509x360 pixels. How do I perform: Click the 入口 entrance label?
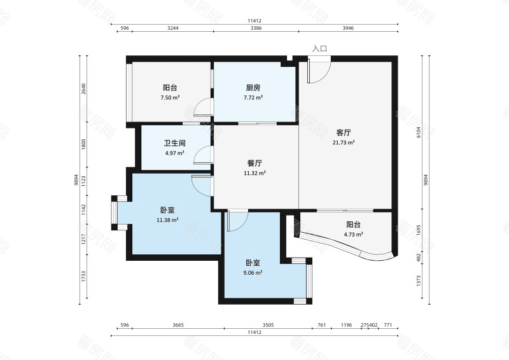tap(320, 48)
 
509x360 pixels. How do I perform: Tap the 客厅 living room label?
tap(344, 133)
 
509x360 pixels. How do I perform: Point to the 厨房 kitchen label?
tap(253, 88)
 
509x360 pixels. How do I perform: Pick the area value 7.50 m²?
tap(170, 98)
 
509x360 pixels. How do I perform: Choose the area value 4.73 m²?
tap(353, 234)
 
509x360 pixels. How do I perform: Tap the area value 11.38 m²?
tap(167, 220)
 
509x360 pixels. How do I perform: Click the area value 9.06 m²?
tap(253, 272)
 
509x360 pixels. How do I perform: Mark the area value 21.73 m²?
tap(344, 142)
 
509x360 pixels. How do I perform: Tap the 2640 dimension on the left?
tap(83, 89)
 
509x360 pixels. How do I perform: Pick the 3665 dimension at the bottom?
tap(178, 325)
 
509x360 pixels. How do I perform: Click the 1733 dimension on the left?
tap(83, 277)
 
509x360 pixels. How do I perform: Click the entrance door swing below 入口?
tap(317, 71)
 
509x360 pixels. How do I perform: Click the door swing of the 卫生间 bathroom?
tap(202, 156)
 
